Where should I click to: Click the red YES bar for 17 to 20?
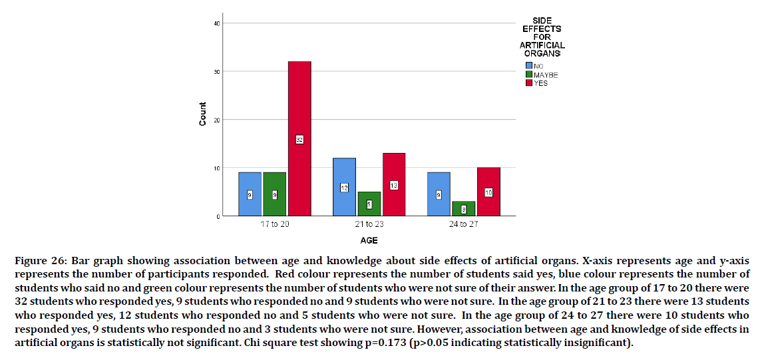[x=299, y=106]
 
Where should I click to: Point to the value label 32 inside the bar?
[x=299, y=139]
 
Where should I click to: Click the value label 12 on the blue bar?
[x=344, y=188]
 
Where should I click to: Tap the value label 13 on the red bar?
[x=394, y=186]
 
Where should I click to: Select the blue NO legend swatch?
[x=529, y=66]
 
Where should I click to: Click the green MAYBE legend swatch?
[x=529, y=75]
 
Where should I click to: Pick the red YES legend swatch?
[x=529, y=83]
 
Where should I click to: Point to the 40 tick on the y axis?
[x=217, y=23]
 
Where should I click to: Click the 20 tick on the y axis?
[x=217, y=120]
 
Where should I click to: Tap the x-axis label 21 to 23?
[x=369, y=224]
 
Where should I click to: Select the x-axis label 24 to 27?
[x=463, y=224]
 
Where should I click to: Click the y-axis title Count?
[x=202, y=114]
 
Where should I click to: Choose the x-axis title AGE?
[x=369, y=240]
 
